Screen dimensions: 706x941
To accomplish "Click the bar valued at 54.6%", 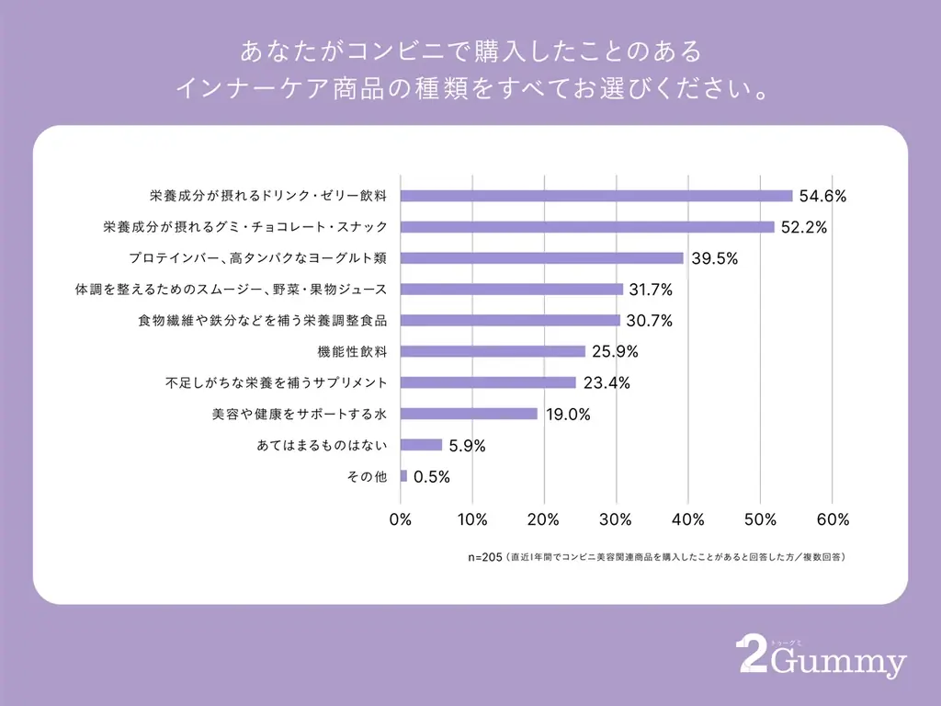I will (x=595, y=196).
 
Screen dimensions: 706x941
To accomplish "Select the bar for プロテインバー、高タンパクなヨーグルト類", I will (x=541, y=258).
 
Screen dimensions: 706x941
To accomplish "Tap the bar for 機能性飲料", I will (x=493, y=351).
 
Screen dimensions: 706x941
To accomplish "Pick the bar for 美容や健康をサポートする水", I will (x=469, y=414).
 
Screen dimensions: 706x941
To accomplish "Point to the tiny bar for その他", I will (x=403, y=476).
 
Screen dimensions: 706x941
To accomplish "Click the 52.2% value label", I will (x=804, y=227).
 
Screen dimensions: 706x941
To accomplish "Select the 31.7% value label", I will (x=652, y=290).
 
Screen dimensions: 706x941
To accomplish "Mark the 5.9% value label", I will (x=467, y=446).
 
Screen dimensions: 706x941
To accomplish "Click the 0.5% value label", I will (x=432, y=477).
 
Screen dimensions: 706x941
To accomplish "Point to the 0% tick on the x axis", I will (x=401, y=519).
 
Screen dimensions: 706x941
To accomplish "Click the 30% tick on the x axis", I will (x=616, y=519).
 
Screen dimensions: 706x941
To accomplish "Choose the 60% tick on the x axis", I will (x=832, y=519).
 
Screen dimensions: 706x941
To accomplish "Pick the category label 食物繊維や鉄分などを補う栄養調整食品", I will (x=262, y=321).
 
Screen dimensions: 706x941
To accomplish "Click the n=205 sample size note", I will (x=484, y=557).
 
